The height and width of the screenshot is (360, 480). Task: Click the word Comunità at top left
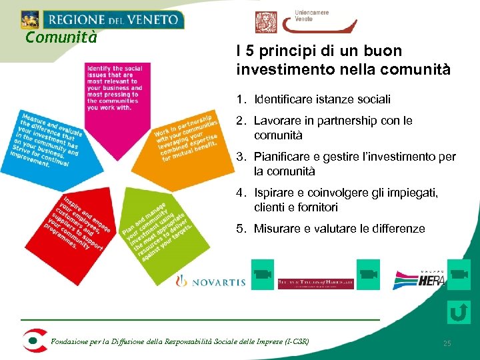click(61, 37)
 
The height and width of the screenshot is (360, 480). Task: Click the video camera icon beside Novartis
click(263, 273)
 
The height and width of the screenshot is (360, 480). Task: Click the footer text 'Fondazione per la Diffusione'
click(180, 343)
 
